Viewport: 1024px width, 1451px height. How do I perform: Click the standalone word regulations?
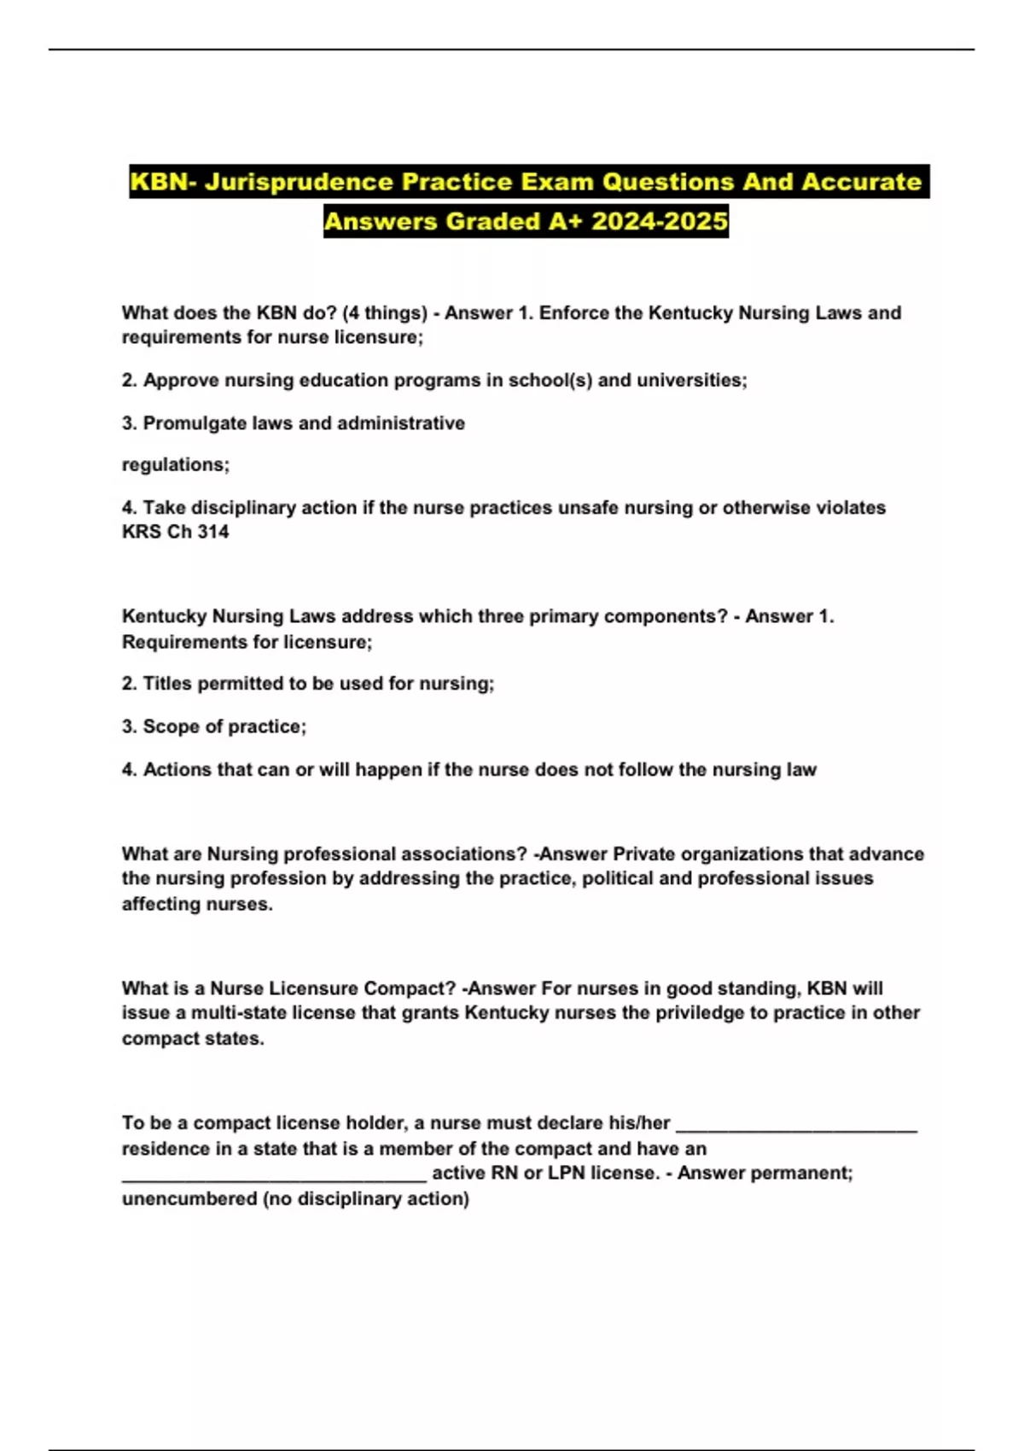(x=176, y=464)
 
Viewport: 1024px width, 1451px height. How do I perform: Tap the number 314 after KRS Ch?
(x=213, y=532)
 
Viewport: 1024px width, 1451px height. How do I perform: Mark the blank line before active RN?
(x=274, y=1175)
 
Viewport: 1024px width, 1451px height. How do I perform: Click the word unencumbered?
(x=189, y=1198)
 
